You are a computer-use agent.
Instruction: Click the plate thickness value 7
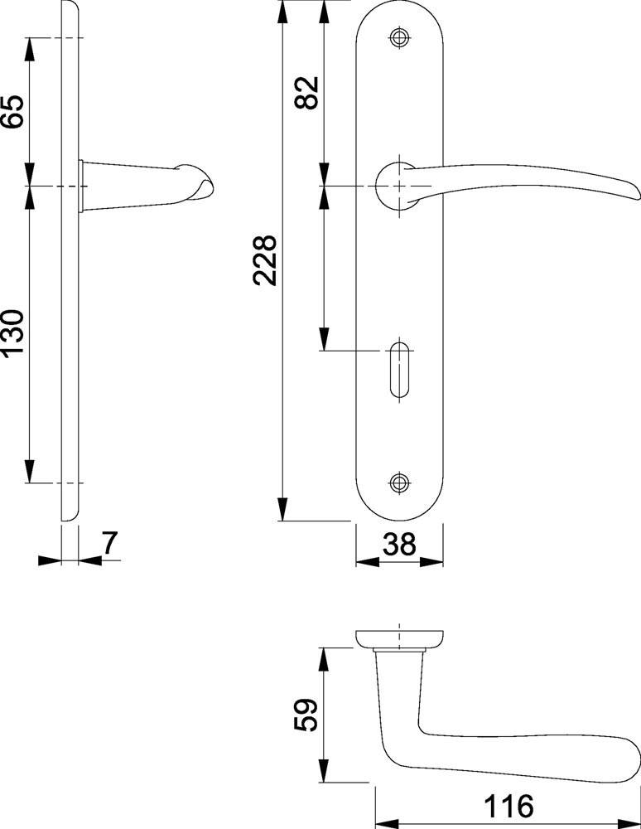(x=110, y=544)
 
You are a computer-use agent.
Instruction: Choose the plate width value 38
(x=399, y=544)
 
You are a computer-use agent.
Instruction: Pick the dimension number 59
(x=306, y=715)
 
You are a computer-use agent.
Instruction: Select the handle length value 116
(x=509, y=807)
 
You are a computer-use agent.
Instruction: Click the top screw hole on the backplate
(x=399, y=37)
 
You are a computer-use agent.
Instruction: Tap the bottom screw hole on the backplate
(x=399, y=482)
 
